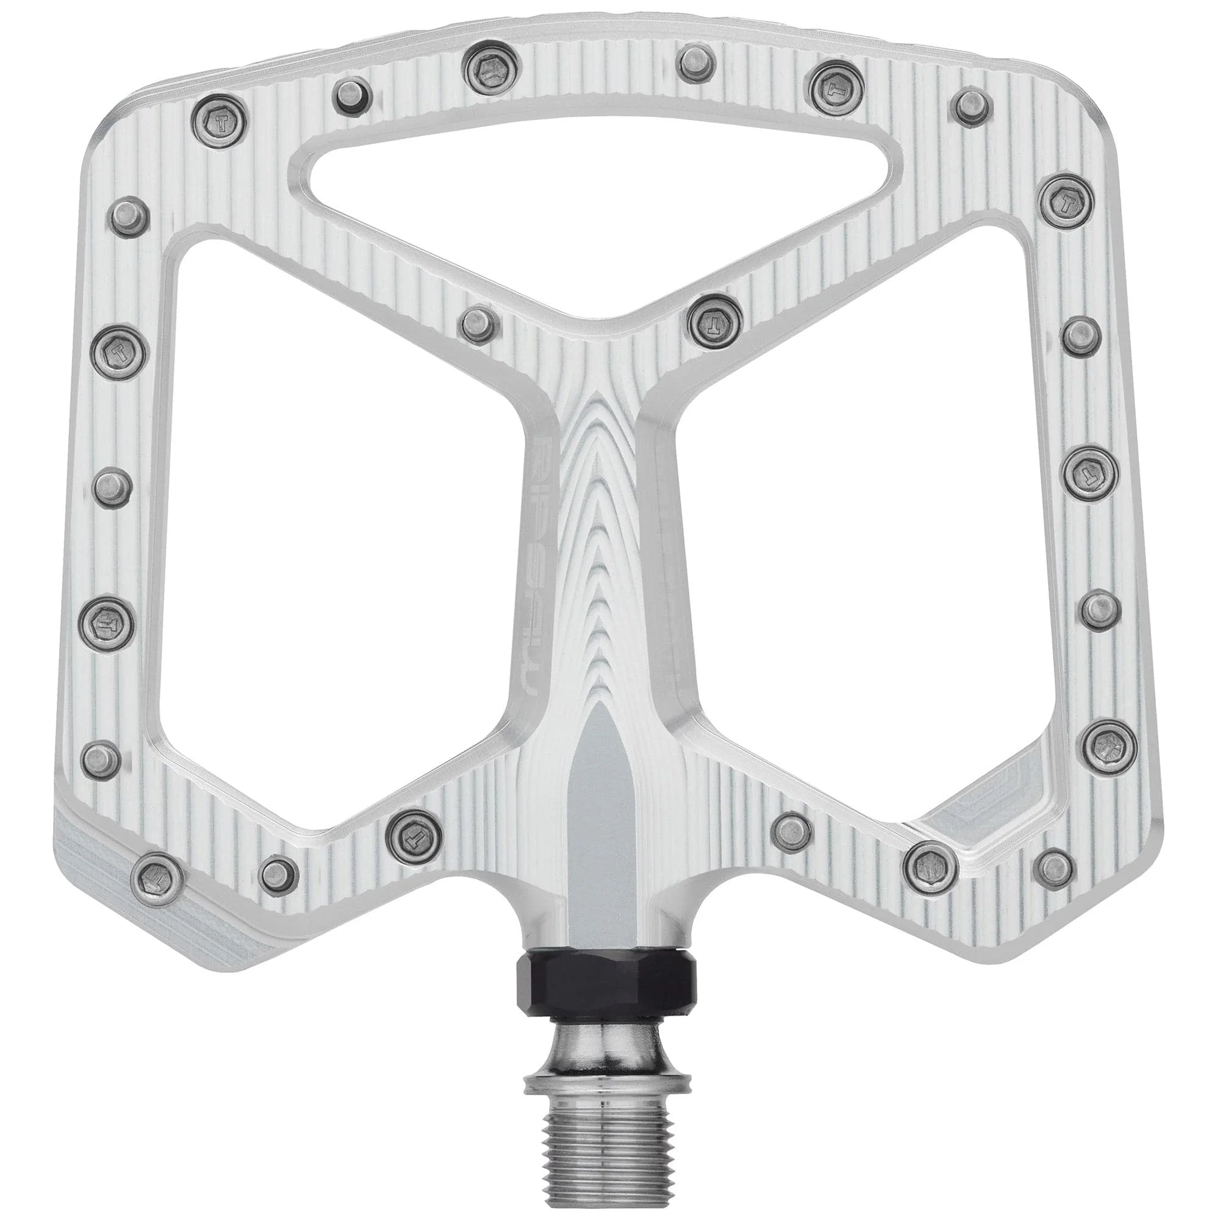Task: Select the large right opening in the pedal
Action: [x=872, y=537]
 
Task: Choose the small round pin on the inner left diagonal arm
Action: [x=477, y=324]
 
